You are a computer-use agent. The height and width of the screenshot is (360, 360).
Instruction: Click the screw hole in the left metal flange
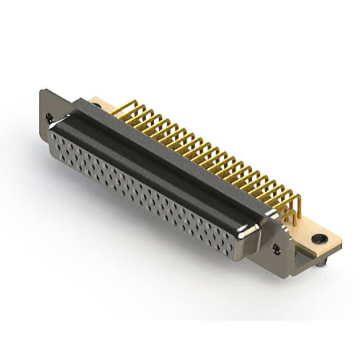tap(50, 118)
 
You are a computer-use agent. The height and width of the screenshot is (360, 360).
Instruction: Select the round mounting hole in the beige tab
tap(319, 238)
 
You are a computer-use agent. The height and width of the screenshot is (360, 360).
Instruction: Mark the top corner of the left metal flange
tap(42, 91)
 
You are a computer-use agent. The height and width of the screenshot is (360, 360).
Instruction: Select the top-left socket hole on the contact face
tap(54, 136)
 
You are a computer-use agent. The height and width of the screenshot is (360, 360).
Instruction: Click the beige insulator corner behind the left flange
tap(96, 103)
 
